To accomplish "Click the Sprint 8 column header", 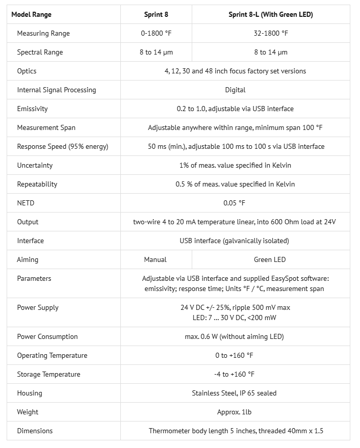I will pos(156,14).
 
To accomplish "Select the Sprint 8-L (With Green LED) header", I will pos(270,14).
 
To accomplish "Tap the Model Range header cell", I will pos(32,14).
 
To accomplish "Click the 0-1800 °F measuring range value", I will pos(156,33).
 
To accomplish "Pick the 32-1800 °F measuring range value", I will pos(270,33).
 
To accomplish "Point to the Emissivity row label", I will pos(32,109).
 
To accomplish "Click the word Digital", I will pos(235,90).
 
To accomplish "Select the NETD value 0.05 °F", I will pos(235,203).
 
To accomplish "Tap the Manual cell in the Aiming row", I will pos(155,259).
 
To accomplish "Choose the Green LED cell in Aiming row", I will pos(270,259).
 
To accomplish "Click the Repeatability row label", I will pos(37,184).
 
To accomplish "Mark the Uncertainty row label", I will pos(35,165).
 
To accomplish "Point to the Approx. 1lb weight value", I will pos(235,412).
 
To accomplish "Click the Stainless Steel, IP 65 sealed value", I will pos(235,393).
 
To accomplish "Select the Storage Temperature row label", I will pos(48,374).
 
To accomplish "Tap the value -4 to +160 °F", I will pos(235,374).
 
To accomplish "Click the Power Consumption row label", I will pos(47,336).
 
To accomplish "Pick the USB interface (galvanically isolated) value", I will pos(235,241).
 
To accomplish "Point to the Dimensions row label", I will pos(35,431).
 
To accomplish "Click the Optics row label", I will pos(27,71).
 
